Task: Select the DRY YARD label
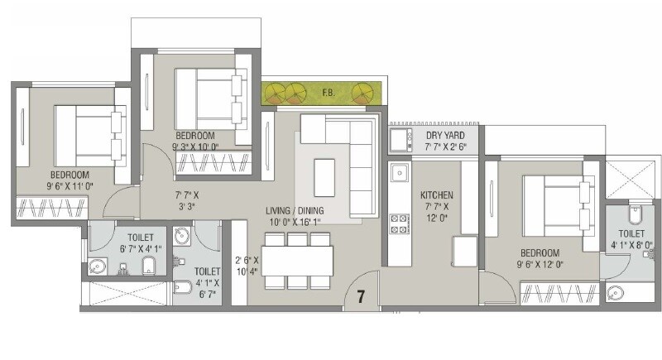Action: [445, 135]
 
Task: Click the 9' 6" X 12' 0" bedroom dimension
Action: [540, 265]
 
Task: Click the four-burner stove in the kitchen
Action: [400, 223]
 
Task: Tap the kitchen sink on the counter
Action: [400, 174]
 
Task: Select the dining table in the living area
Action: [298, 262]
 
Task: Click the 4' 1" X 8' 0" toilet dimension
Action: [631, 245]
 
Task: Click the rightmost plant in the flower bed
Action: [362, 93]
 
